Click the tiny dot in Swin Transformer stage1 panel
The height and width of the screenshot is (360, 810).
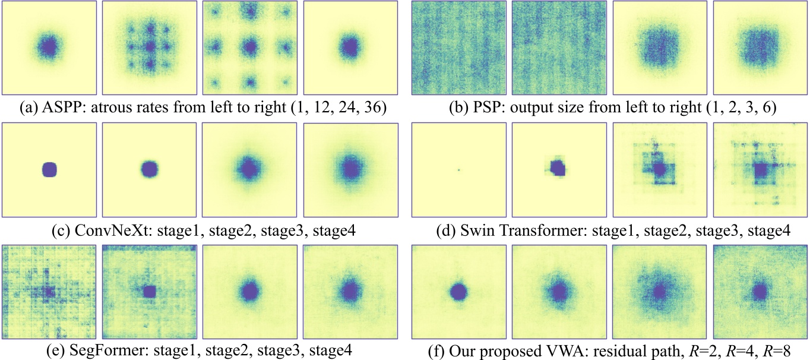[x=459, y=170]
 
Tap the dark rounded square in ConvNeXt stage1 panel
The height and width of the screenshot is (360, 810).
[x=49, y=170]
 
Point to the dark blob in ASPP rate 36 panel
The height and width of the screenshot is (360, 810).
[x=350, y=46]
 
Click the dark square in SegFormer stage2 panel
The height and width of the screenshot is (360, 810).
[x=150, y=291]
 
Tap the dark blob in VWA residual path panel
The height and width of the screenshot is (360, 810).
[x=458, y=292]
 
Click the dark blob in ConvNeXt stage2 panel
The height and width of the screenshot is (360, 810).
[x=150, y=170]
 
